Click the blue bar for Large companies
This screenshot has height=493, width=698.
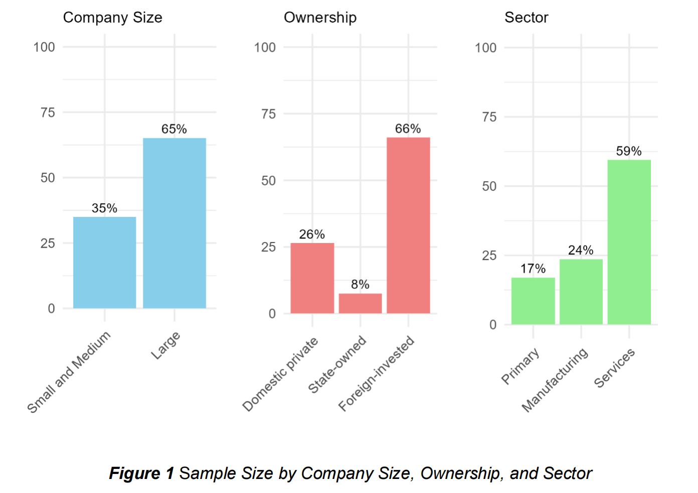[x=174, y=223]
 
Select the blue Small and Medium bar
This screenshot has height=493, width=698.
[x=104, y=263]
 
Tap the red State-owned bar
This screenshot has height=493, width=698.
[x=360, y=304]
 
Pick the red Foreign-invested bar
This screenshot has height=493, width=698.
[x=408, y=225]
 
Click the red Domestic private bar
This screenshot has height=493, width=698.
[x=312, y=278]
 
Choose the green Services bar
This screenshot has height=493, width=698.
[x=629, y=242]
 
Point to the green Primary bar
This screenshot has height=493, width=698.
[x=533, y=301]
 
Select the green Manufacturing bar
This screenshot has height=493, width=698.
[x=581, y=292]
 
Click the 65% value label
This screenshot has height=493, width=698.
[x=174, y=129]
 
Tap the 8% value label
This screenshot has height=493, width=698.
[x=360, y=285]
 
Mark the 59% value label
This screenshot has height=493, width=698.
[x=629, y=151]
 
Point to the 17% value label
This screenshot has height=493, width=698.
[x=533, y=269]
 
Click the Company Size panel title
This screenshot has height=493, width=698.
[x=112, y=18]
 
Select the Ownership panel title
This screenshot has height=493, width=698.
[x=320, y=18]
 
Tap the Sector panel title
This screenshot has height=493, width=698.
[x=526, y=18]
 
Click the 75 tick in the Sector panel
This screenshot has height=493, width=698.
[x=489, y=117]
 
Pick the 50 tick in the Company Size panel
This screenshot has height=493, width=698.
[x=48, y=178]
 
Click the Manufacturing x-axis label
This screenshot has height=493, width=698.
[x=555, y=380]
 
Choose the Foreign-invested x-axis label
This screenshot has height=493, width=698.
[x=377, y=373]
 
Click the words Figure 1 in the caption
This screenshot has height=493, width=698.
[x=141, y=473]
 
